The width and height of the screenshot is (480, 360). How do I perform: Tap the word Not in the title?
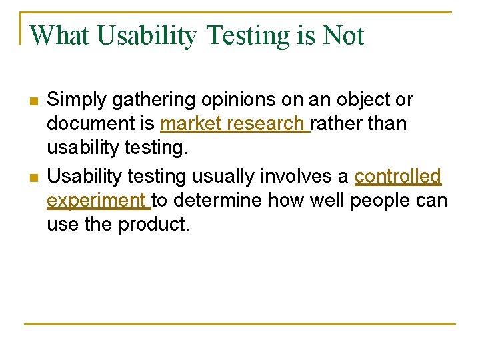(343, 35)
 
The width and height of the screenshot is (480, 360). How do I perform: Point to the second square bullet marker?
(34, 178)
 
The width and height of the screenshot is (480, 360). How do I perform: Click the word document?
(101, 124)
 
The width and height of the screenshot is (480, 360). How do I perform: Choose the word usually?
(223, 176)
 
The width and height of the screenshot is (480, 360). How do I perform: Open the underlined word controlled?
(397, 176)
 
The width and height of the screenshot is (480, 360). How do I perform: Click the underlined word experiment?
(96, 200)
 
